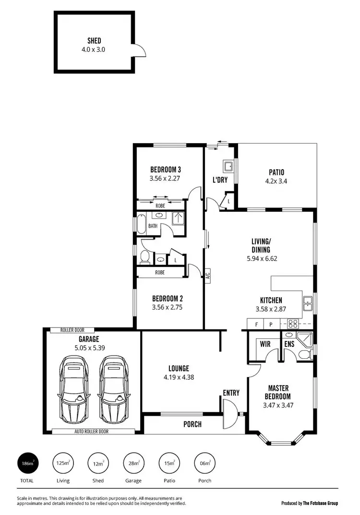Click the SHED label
(94, 41)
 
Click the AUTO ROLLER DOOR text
(91, 431)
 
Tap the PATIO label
(276, 172)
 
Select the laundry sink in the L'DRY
(228, 167)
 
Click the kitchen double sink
(308, 303)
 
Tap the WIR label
(264, 344)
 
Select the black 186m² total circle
(27, 464)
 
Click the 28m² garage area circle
(133, 464)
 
